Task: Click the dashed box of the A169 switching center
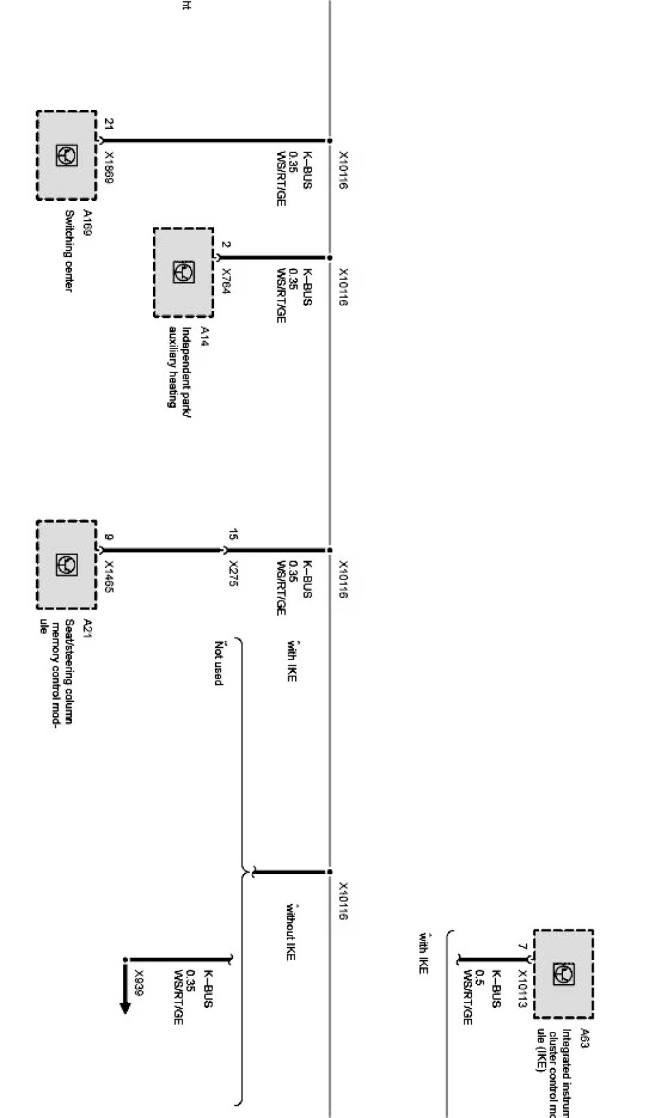(66, 155)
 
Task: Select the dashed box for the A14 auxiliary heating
(183, 273)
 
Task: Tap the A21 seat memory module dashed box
(66, 564)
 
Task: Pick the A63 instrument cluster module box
(563, 974)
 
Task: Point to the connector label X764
(226, 281)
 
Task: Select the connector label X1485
(109, 577)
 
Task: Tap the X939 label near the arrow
(139, 983)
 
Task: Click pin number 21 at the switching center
(109, 124)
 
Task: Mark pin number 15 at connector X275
(233, 534)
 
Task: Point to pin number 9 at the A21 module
(109, 536)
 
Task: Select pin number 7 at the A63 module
(523, 947)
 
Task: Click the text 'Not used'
(218, 663)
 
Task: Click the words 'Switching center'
(68, 249)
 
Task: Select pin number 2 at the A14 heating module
(226, 245)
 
